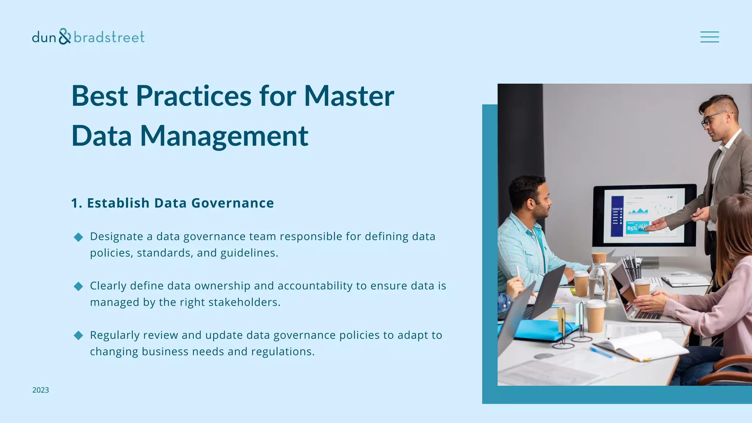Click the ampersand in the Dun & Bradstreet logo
(64, 36)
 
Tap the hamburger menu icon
(709, 37)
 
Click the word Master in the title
(349, 96)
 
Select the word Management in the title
(224, 136)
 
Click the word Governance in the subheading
(232, 203)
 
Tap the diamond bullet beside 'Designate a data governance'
(78, 237)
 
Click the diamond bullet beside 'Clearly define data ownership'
(78, 286)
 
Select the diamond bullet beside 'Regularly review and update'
(78, 336)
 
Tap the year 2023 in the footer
(40, 390)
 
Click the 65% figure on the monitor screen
(632, 228)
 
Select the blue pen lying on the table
(601, 352)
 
